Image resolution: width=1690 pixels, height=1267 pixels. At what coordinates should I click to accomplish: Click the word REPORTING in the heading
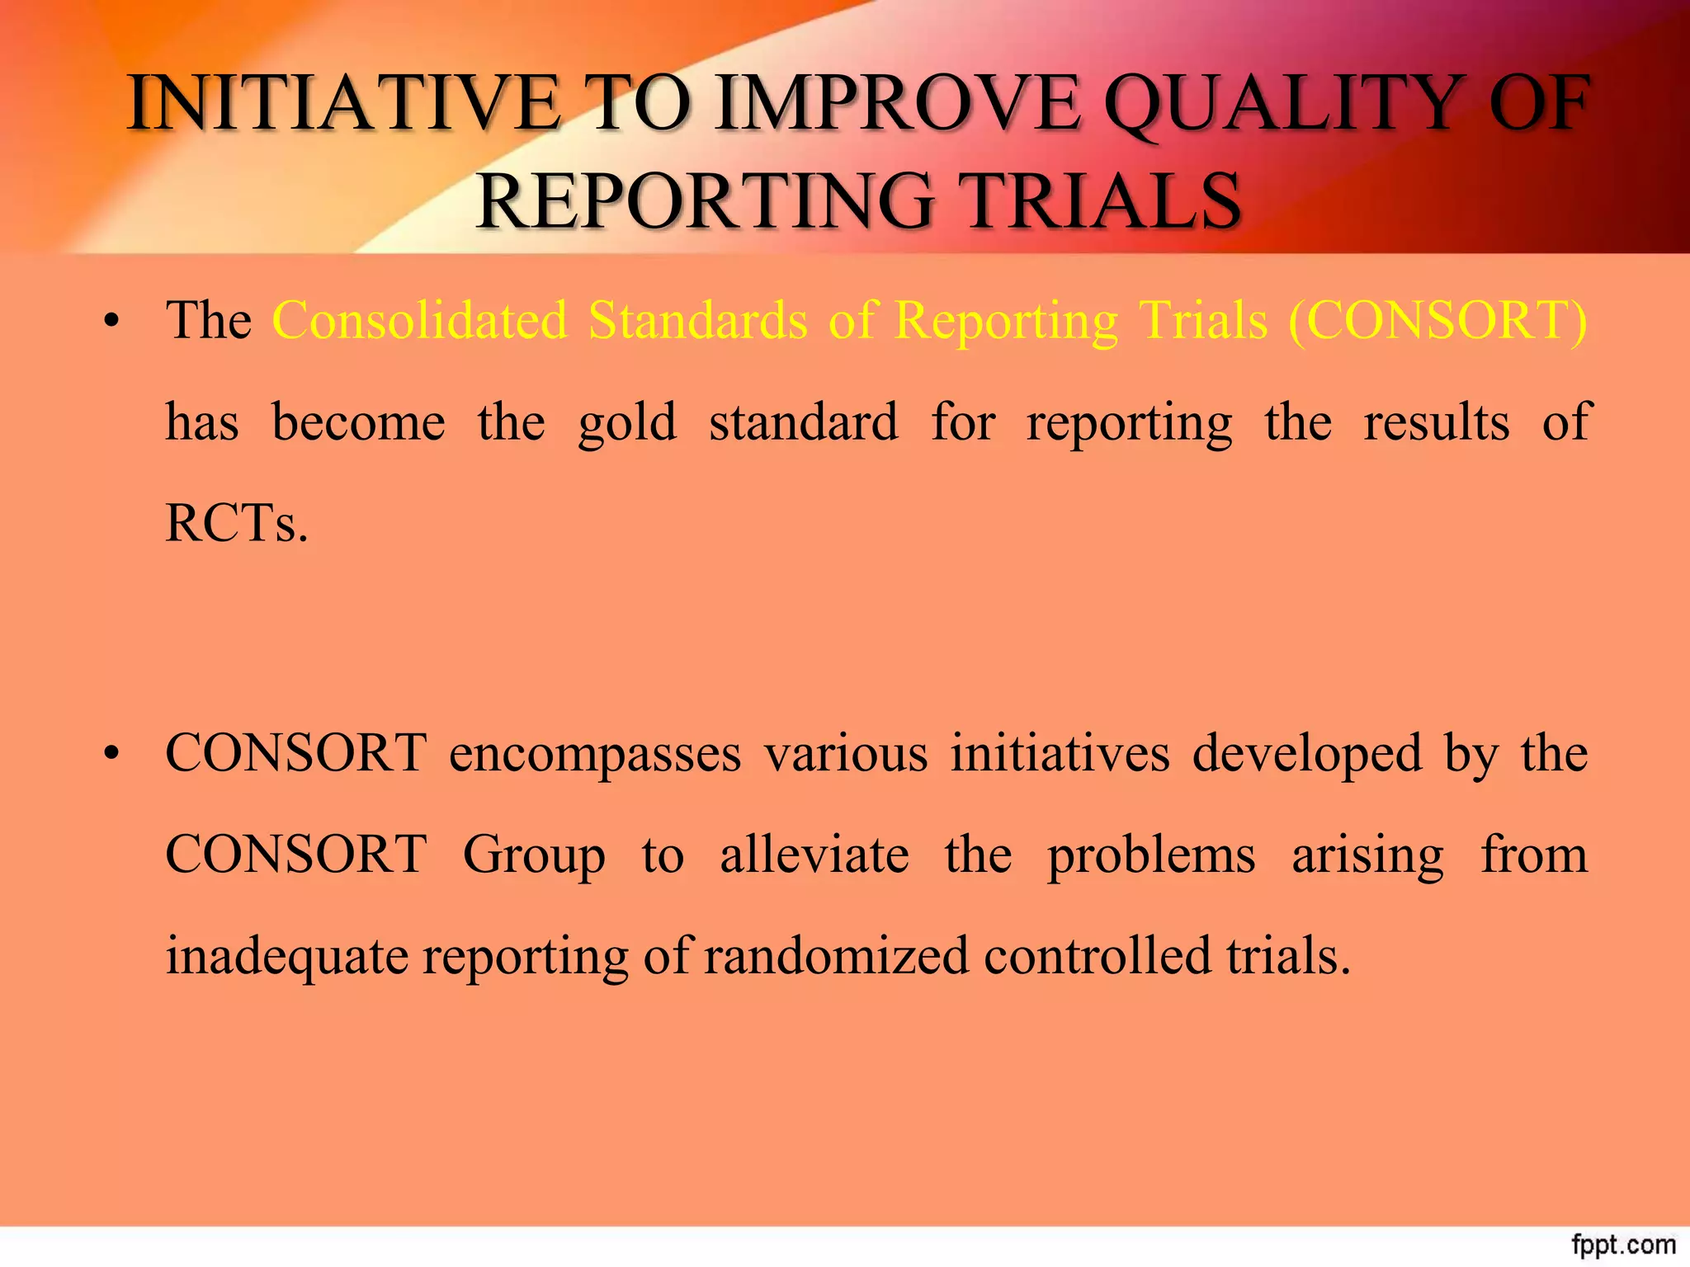point(706,201)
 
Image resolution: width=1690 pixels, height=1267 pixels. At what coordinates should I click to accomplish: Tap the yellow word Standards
point(697,320)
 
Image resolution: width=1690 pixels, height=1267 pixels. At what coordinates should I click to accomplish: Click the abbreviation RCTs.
point(236,523)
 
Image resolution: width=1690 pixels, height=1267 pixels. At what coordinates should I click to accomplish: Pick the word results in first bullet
point(1436,422)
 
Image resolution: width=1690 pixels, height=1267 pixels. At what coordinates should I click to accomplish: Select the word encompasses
point(595,754)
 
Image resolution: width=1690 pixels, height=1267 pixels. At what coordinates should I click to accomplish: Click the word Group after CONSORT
point(534,855)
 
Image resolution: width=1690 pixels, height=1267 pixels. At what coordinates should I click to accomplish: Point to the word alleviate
point(814,855)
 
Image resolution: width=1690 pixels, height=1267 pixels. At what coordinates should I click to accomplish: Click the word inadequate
point(286,957)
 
